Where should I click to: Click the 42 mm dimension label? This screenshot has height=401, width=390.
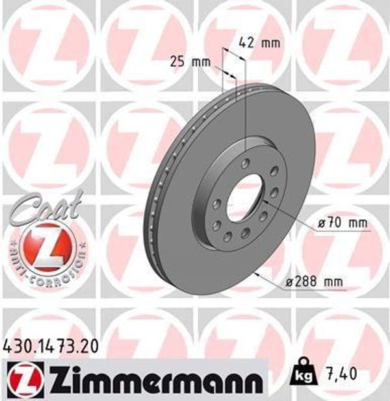pos(259,44)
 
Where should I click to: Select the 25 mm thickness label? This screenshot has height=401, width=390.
pos(190,62)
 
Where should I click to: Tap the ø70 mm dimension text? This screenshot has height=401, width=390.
pos(343,224)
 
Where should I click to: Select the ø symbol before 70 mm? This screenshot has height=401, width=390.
pos(322,224)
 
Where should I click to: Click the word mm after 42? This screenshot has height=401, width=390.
pos(269,44)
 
